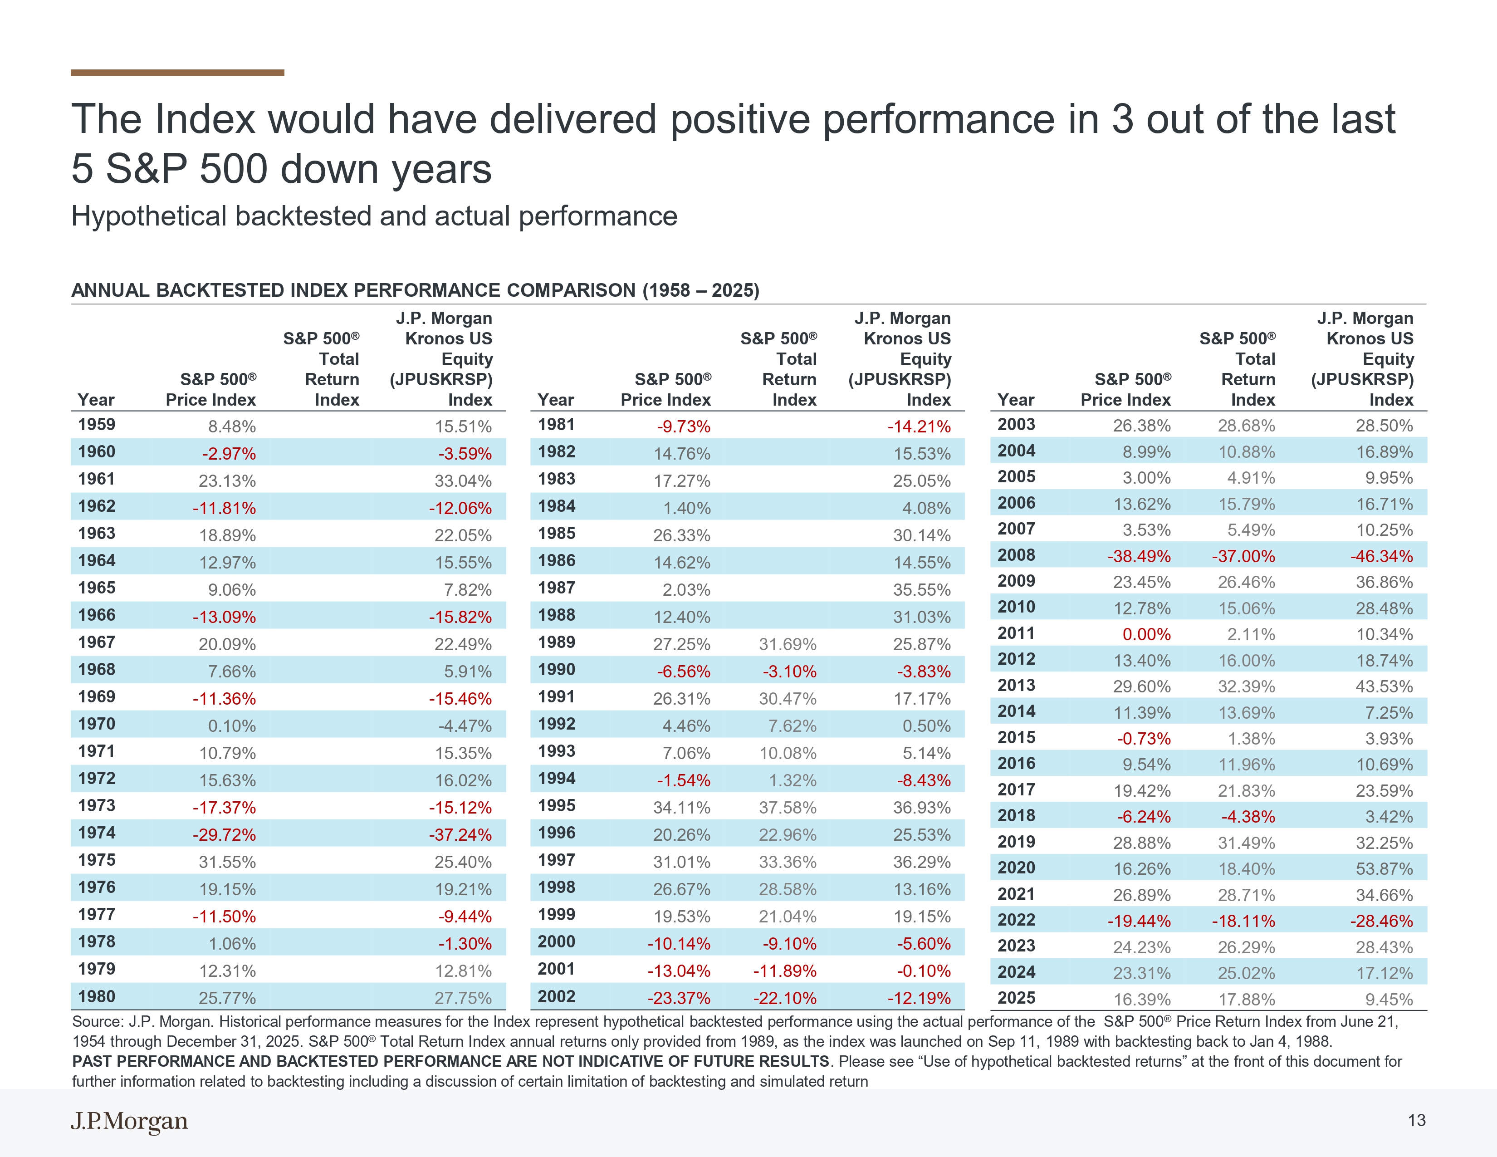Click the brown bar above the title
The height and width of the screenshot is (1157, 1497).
click(x=177, y=73)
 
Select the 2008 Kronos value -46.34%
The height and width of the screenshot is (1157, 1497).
click(x=1381, y=556)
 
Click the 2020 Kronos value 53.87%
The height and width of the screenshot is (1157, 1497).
click(x=1384, y=869)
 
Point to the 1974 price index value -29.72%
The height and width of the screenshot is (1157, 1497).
click(x=224, y=835)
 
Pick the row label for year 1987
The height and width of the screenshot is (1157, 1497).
click(x=556, y=588)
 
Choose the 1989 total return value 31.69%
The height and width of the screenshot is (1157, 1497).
click(x=788, y=644)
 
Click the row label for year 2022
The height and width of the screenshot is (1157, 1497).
click(x=1016, y=920)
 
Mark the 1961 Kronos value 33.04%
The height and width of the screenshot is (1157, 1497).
click(x=463, y=481)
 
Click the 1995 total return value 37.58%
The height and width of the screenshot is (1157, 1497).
click(x=788, y=808)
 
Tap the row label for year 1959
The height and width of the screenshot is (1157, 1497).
click(x=97, y=424)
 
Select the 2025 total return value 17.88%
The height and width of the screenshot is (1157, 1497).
click(x=1246, y=1000)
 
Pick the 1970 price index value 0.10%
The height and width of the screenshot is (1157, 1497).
click(x=232, y=726)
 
